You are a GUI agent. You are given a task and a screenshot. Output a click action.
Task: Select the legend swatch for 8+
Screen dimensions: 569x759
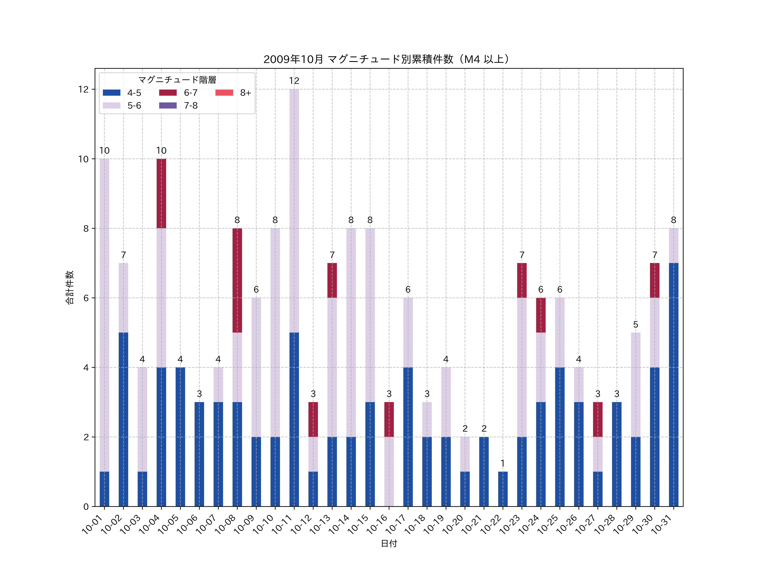(x=224, y=93)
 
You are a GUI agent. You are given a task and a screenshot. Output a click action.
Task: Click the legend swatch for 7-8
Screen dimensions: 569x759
(x=168, y=105)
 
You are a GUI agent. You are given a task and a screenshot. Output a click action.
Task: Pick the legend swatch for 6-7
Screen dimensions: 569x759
(x=168, y=93)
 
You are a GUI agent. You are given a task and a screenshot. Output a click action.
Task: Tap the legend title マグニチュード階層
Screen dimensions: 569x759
(x=177, y=80)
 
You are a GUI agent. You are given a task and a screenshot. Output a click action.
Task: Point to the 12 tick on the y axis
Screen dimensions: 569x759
(x=83, y=90)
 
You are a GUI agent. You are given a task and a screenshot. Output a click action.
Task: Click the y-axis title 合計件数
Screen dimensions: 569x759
(x=70, y=287)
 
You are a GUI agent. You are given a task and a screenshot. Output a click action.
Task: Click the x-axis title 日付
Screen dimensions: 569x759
(x=389, y=543)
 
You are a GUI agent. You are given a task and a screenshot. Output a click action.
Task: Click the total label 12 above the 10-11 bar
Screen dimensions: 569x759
(x=294, y=81)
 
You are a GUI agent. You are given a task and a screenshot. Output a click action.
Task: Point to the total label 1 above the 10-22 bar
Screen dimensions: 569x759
(x=503, y=463)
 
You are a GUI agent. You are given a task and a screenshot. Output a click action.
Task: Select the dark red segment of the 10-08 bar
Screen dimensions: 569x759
(x=237, y=280)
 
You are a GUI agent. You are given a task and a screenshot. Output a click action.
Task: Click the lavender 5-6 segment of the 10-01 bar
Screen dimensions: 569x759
(x=104, y=315)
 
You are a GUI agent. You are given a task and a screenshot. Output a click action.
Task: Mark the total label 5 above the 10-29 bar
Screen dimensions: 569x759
(x=635, y=325)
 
